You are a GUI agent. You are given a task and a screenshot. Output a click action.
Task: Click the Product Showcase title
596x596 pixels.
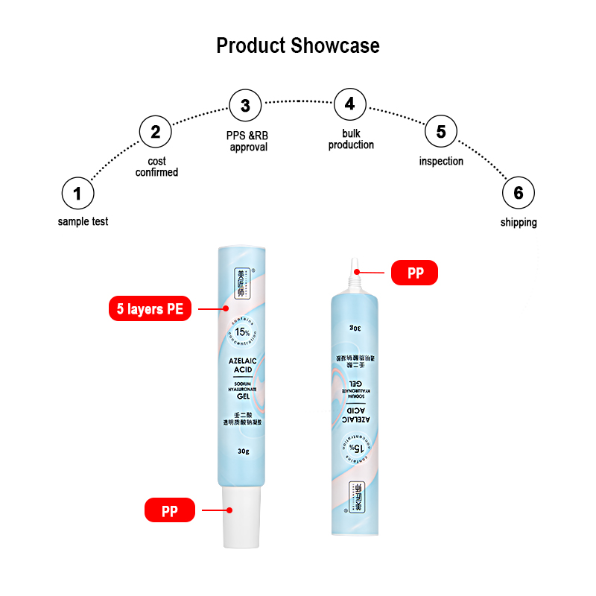(297, 45)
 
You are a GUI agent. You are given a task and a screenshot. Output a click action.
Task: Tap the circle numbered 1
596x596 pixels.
(77, 194)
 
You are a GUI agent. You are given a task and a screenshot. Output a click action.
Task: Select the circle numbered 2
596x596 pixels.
(155, 132)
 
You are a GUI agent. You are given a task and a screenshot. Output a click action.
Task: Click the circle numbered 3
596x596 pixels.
(245, 105)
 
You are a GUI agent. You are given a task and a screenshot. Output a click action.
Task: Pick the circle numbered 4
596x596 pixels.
(349, 104)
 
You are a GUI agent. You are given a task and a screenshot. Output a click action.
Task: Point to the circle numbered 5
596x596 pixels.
(441, 132)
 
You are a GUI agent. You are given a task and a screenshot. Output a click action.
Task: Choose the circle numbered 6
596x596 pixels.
(518, 194)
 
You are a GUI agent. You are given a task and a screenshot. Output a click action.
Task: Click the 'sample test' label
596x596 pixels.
(83, 221)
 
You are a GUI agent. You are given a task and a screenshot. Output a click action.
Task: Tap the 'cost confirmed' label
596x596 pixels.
(156, 166)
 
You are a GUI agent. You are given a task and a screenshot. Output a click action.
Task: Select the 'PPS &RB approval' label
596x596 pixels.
(248, 142)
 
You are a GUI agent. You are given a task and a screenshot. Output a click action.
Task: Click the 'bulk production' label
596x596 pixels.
(351, 139)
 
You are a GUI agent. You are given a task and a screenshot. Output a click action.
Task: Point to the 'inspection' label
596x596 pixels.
(441, 161)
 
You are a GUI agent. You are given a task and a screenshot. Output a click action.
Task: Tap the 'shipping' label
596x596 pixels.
(518, 222)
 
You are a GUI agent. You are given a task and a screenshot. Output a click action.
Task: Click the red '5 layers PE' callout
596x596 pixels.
(149, 308)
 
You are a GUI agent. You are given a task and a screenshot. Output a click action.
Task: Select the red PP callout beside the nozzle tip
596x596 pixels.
(415, 273)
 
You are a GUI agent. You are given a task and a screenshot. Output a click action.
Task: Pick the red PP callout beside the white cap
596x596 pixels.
(170, 511)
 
